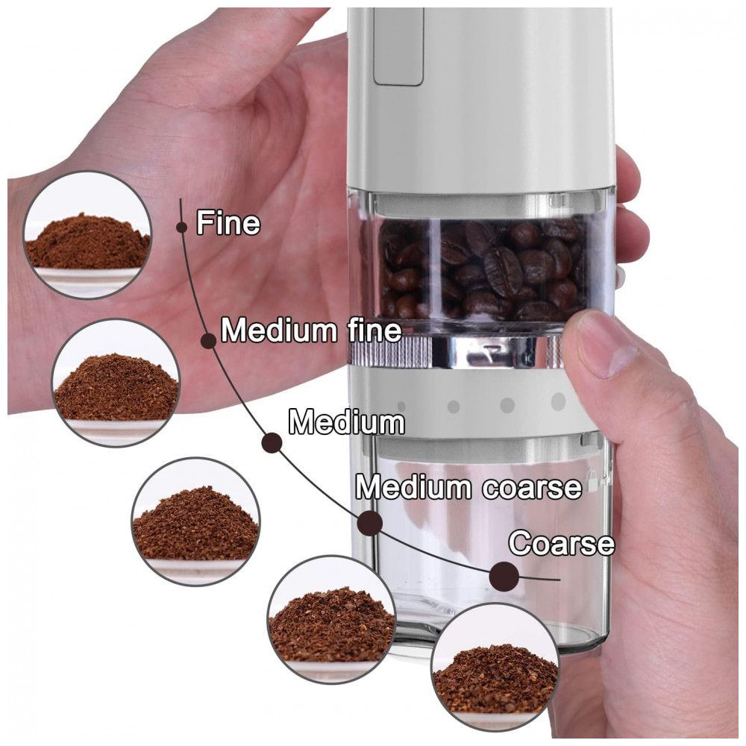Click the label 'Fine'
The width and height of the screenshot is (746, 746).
[228, 222]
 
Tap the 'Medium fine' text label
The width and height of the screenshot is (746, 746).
[311, 330]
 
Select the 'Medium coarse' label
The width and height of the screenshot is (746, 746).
[468, 487]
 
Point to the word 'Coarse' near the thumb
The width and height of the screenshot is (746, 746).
[562, 543]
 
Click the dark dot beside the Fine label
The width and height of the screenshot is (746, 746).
[181, 227]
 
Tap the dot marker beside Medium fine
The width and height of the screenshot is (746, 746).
[208, 341]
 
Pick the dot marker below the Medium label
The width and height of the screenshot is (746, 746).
[272, 443]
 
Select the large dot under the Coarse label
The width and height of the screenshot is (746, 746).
[504, 576]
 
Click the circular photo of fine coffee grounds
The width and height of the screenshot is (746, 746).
[87, 234]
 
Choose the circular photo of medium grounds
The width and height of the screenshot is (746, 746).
[195, 522]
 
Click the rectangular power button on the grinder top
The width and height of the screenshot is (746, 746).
[398, 46]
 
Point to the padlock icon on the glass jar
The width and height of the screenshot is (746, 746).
[593, 480]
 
